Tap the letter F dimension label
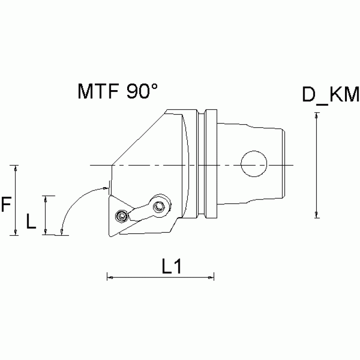6,205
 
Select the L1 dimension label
171,267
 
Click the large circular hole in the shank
253,164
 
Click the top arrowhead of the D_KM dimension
317,115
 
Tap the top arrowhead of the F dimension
16,168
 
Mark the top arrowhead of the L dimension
46,198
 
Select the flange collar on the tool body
211,164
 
